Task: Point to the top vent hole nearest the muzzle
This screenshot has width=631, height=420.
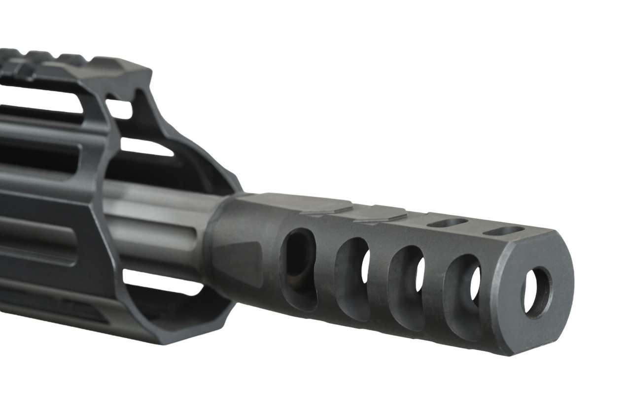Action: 503,230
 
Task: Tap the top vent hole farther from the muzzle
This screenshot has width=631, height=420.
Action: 447,223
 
